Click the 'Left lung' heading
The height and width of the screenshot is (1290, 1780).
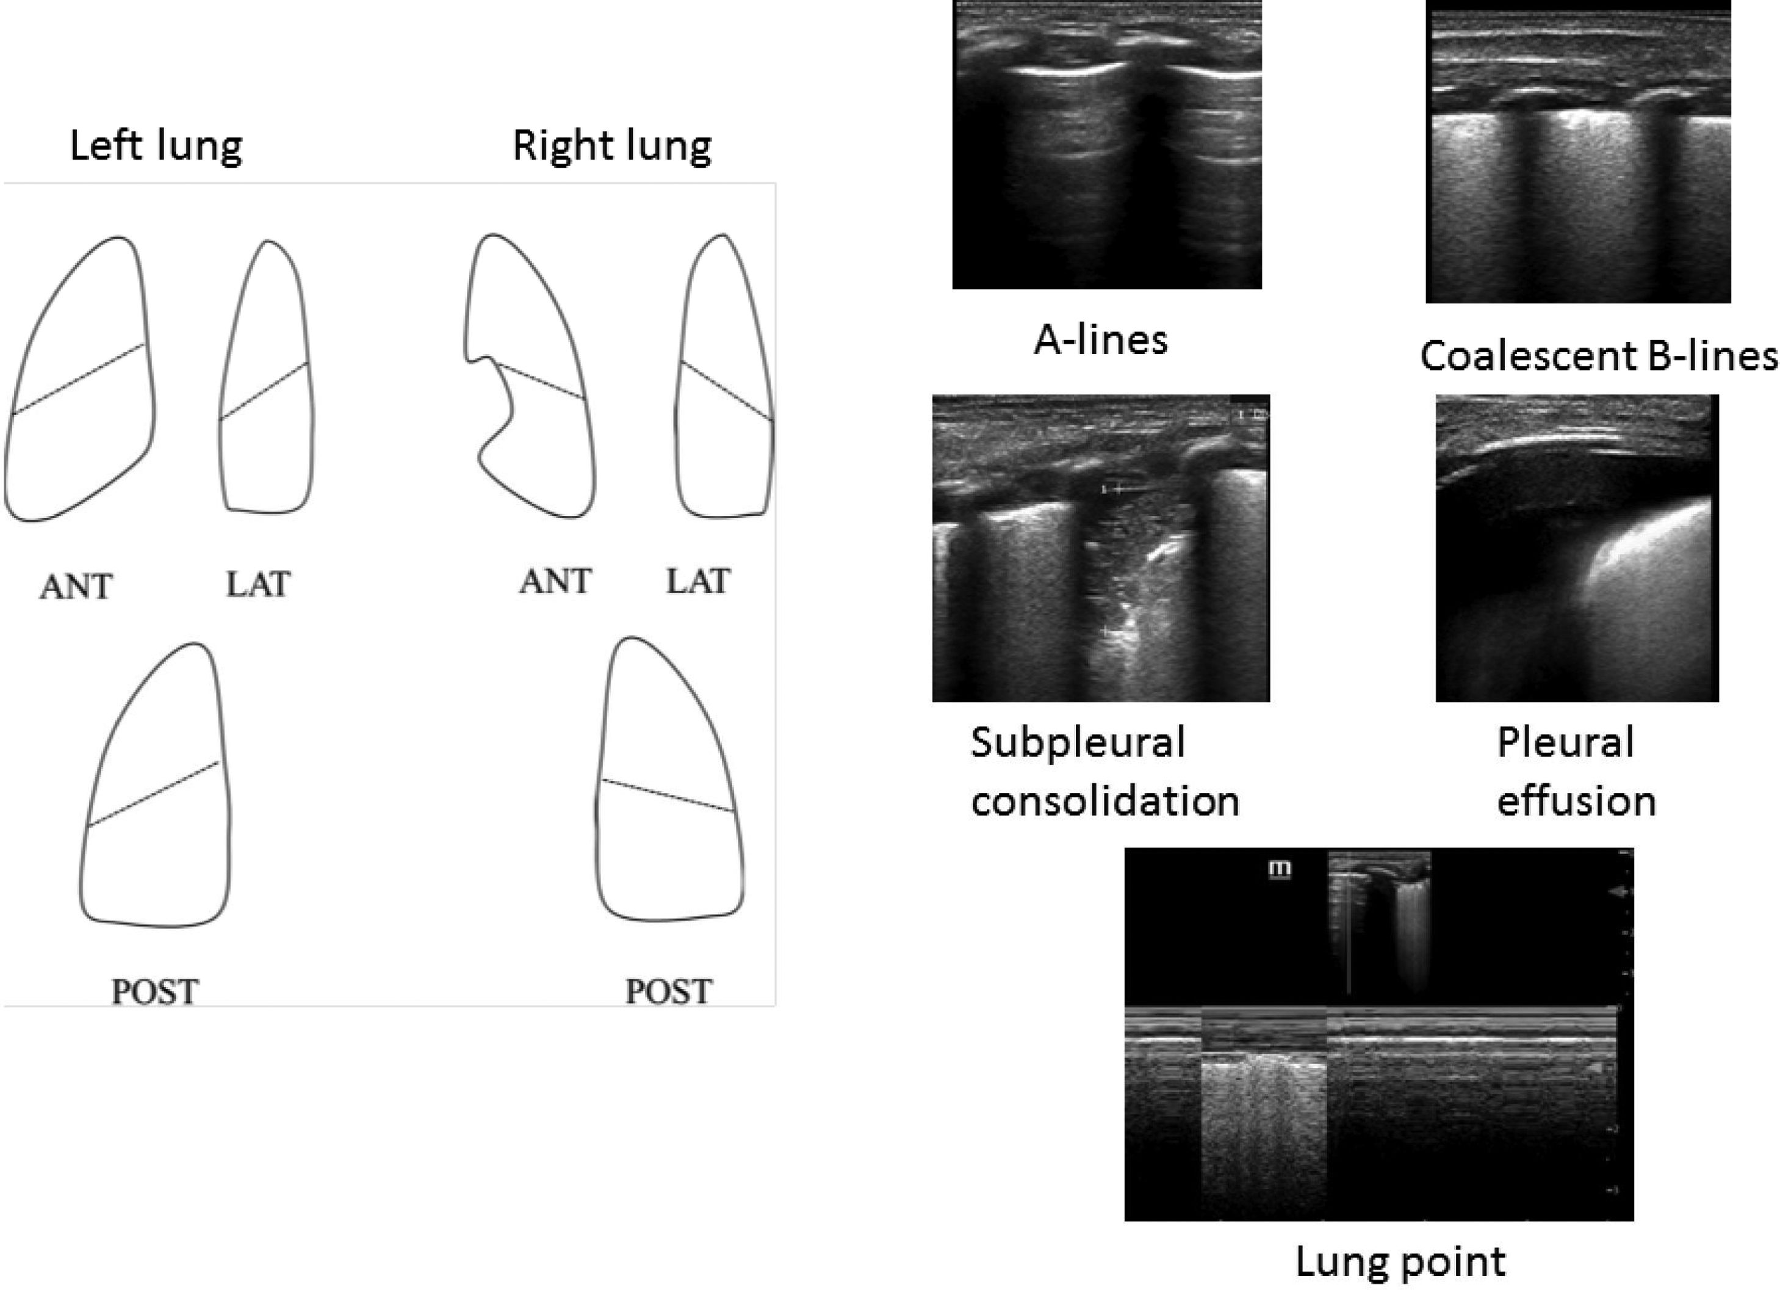[156, 146]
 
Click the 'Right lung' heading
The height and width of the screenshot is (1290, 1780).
[611, 146]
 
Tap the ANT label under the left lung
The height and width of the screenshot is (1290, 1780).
[76, 587]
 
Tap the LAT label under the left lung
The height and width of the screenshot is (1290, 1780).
[258, 584]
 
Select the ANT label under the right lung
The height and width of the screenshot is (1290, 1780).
[555, 582]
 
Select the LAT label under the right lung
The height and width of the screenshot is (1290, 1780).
[697, 582]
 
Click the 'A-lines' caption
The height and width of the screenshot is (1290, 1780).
[1100, 340]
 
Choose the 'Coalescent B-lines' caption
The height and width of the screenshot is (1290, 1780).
[1598, 356]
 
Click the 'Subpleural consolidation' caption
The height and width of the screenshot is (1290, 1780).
[1104, 772]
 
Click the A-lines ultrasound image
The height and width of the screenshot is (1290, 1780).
[1106, 145]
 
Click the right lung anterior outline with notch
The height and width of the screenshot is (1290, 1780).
[534, 377]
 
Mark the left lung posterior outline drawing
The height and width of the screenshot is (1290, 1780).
[157, 785]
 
